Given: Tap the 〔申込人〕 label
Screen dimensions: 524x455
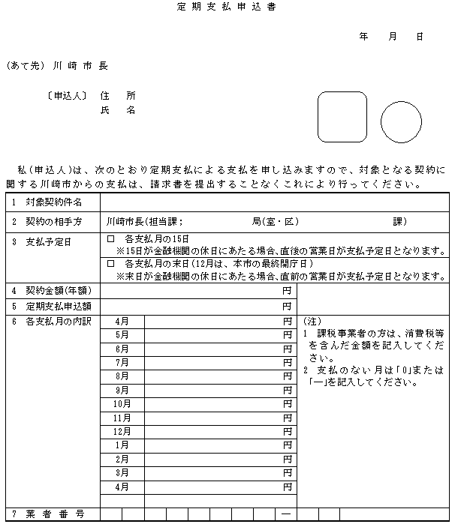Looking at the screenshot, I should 65,96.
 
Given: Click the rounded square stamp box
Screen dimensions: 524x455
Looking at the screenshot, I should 342,117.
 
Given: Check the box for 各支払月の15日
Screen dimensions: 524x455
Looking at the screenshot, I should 110,238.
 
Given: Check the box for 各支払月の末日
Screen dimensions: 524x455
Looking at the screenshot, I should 110,265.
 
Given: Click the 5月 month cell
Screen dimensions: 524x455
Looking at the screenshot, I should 122,335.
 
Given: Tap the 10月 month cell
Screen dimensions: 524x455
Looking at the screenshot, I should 122,404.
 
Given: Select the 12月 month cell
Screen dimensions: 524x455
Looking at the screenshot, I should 122,432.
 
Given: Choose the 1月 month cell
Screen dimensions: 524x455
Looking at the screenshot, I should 122,445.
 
